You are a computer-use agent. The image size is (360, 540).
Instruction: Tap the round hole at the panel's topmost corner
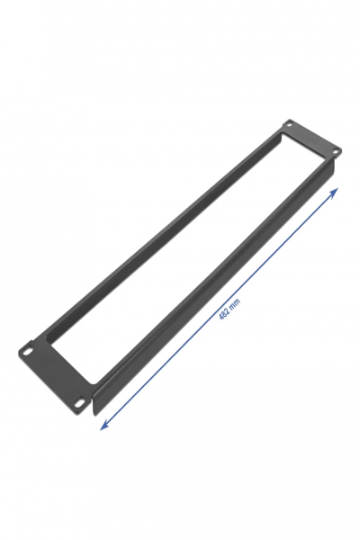click(x=290, y=124)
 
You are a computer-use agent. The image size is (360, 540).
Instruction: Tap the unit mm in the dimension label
click(x=236, y=304)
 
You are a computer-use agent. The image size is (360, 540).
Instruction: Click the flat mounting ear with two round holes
click(x=310, y=139)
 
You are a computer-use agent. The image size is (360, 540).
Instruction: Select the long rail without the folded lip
click(x=162, y=225)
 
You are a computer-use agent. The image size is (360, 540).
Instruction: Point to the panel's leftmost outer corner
click(x=19, y=348)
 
